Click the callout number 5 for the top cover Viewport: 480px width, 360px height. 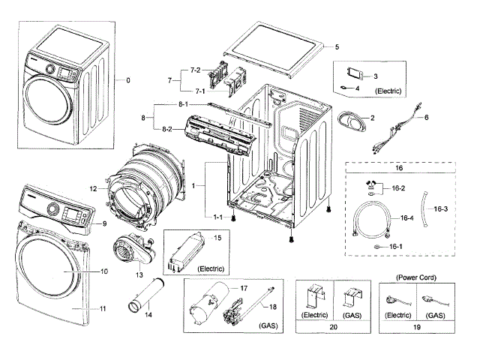point(337,46)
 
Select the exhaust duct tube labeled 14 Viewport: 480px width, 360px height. point(145,295)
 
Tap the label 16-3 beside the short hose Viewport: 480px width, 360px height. point(440,208)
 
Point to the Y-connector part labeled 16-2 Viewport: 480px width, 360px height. point(370,187)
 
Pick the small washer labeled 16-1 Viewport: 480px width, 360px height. point(376,247)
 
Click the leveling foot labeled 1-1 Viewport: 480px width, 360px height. point(233,218)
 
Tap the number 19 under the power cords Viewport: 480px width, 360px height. point(417,327)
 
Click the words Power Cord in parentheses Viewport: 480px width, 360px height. point(416,277)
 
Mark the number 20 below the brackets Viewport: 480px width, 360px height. point(333,327)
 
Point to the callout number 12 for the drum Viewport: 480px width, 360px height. point(93,189)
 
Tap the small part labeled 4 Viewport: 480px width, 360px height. point(343,88)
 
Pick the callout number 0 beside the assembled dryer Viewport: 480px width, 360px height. point(128,80)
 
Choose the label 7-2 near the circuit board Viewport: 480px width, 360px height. point(195,70)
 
